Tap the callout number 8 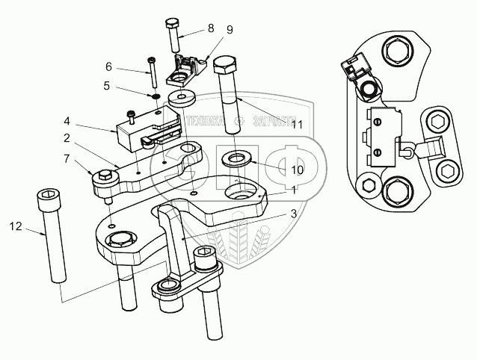[x=211, y=28]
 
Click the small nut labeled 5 [x=154, y=97]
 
